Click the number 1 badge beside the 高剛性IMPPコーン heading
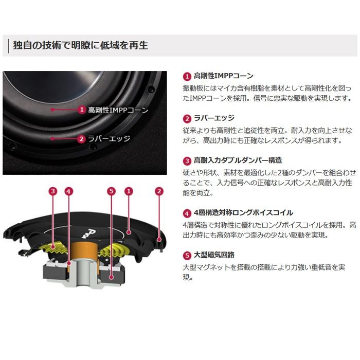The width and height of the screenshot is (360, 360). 187,76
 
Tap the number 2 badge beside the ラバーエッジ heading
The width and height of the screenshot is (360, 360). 187,118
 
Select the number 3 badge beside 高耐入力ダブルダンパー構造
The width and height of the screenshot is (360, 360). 187,160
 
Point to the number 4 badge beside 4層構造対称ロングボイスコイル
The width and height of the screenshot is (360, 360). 187,212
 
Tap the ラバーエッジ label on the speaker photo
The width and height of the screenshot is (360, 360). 109,138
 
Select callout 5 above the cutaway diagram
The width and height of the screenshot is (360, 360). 111,191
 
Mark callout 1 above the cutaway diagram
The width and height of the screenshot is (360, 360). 129,191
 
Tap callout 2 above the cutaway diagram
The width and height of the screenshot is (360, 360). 159,191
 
